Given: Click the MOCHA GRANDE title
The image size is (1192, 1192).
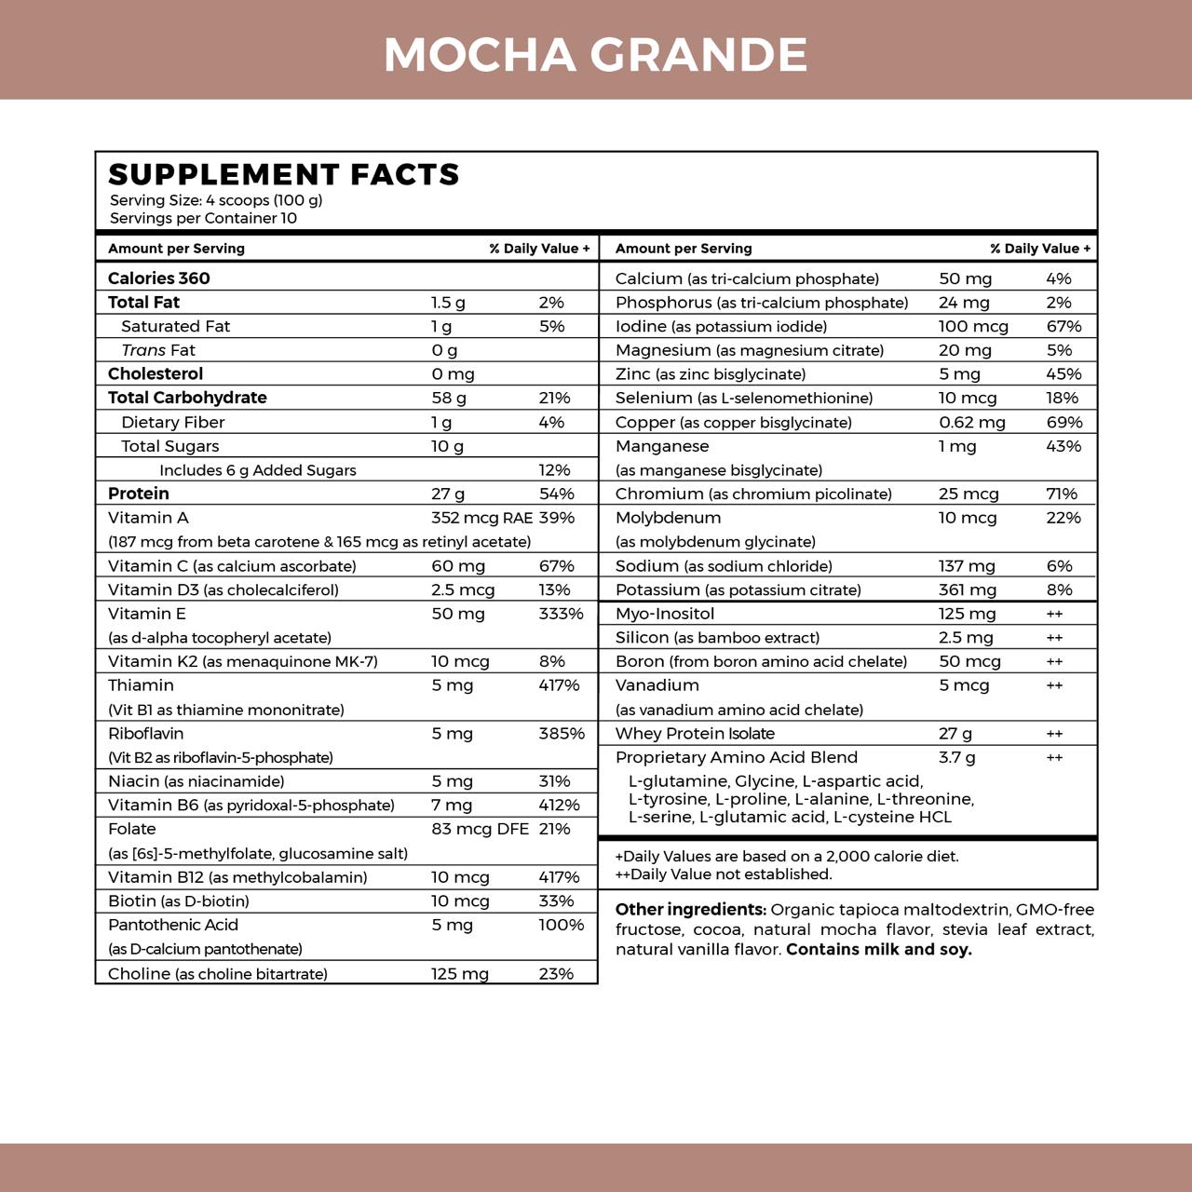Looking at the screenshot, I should [595, 54].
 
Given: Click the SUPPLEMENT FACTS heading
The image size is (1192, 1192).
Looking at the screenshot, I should [284, 174].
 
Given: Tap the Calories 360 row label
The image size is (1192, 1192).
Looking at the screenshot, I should [159, 278].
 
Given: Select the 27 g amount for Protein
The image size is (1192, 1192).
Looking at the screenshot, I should [448, 494].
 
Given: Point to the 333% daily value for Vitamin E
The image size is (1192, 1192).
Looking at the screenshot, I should [561, 614].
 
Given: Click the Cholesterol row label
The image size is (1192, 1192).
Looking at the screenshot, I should [156, 373].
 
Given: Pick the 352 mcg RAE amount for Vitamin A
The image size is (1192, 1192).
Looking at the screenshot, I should [481, 518].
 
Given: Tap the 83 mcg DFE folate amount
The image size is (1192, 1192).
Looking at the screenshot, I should [480, 829].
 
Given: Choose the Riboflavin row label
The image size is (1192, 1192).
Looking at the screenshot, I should [145, 734].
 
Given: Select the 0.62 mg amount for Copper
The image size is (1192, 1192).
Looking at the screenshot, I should [972, 422].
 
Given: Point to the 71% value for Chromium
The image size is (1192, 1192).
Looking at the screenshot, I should [1062, 494].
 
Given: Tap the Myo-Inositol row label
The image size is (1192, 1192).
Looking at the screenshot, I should [665, 614].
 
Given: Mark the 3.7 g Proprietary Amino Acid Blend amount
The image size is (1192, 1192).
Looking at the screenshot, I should [957, 757].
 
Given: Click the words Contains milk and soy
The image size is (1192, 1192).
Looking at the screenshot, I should [878, 950].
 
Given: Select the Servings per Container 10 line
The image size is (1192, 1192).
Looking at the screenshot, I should [203, 218].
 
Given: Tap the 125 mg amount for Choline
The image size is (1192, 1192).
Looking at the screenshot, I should [460, 974].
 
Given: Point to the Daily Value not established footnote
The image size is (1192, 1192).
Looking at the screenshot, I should [724, 874].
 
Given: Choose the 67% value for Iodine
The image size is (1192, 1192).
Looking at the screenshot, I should [1063, 326].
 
